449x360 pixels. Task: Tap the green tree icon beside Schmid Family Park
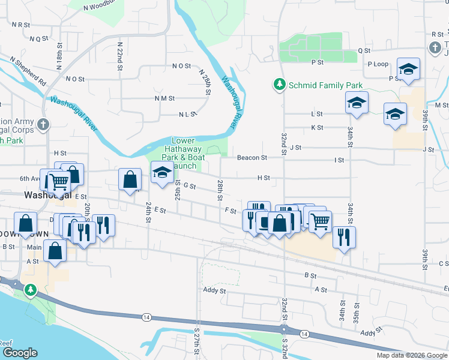(x=279, y=85)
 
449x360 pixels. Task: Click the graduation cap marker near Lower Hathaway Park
(x=161, y=173)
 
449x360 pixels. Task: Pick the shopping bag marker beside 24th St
(x=130, y=179)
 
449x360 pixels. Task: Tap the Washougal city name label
(x=48, y=196)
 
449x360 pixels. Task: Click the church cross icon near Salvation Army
(x=42, y=125)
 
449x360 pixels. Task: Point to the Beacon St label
(x=252, y=158)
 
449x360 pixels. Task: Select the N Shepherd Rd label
(x=28, y=70)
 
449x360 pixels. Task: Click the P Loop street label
(x=378, y=64)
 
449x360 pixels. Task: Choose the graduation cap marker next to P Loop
(x=408, y=70)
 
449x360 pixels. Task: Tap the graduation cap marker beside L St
(x=356, y=103)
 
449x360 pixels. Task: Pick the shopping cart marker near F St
(x=320, y=221)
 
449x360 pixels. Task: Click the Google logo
(x=19, y=353)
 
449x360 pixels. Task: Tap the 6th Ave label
(x=29, y=178)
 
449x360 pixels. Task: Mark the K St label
(x=317, y=127)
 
